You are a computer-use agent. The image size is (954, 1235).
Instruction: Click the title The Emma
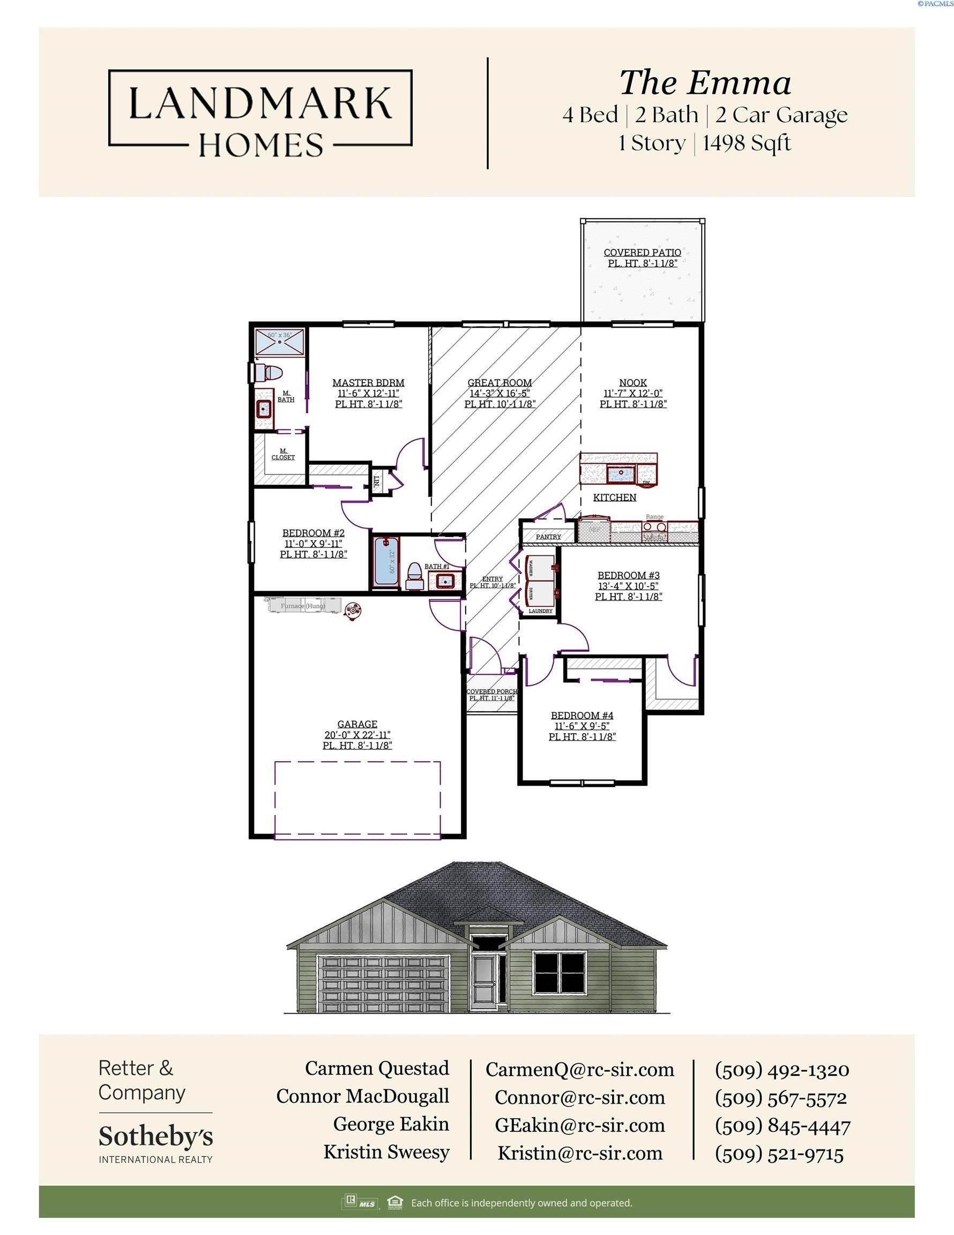[705, 83]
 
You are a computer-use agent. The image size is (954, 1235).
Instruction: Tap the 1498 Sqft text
[747, 143]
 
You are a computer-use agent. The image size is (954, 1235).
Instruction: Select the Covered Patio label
[643, 253]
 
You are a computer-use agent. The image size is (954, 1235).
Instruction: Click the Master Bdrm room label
[368, 383]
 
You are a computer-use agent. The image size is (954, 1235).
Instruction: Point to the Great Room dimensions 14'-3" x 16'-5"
[500, 393]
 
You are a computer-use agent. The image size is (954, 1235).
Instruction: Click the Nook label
[633, 383]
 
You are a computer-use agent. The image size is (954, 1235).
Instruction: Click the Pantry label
[548, 537]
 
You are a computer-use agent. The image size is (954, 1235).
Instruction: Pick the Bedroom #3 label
[628, 576]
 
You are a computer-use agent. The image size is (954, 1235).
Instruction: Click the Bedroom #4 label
[582, 716]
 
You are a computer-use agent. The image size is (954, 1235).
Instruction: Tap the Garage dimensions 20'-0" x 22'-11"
[357, 734]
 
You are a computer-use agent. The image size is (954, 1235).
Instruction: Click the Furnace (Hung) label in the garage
[303, 606]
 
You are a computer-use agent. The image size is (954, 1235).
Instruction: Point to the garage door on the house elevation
[384, 984]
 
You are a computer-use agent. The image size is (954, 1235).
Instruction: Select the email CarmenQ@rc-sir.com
[580, 1069]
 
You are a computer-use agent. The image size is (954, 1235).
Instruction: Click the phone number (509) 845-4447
[782, 1126]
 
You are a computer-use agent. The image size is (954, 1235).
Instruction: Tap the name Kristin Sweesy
[386, 1152]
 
